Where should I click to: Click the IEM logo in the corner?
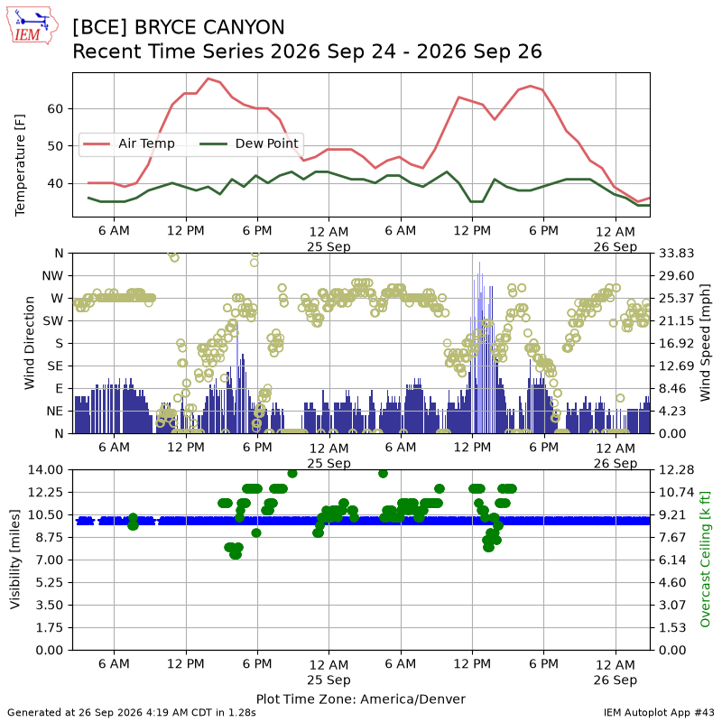(32, 25)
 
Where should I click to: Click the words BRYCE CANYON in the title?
(209, 28)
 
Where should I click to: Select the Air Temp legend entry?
(129, 143)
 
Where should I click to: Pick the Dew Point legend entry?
(249, 143)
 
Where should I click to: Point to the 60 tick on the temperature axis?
(55, 108)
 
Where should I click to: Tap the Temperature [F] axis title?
(20, 165)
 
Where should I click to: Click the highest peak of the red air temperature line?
(208, 79)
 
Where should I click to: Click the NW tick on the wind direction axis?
(52, 276)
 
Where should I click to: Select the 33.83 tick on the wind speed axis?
(676, 254)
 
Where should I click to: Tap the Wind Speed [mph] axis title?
(705, 343)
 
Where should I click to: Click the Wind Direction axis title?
(30, 343)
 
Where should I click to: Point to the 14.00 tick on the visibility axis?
(45, 469)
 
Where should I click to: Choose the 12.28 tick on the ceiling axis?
(676, 469)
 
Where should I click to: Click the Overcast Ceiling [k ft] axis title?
(705, 560)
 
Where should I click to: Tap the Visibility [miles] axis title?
(15, 560)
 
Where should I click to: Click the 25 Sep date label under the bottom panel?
(329, 680)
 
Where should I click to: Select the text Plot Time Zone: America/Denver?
(361, 699)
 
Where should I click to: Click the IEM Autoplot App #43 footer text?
(659, 713)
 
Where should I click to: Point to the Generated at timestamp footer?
(132, 713)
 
